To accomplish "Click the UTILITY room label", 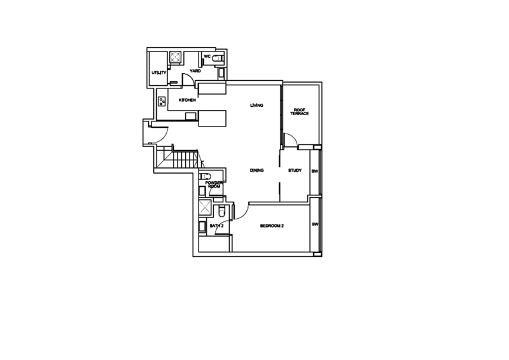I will click(x=158, y=73).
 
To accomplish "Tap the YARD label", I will click(x=195, y=71).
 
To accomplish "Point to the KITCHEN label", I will click(x=187, y=100).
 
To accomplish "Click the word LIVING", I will click(x=256, y=105).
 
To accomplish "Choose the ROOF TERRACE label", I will click(x=300, y=112).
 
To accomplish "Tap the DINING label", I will click(x=257, y=170).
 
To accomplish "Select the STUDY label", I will click(x=295, y=170).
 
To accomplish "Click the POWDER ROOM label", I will click(x=213, y=184).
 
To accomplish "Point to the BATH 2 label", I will click(x=216, y=226).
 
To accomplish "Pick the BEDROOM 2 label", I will click(x=272, y=226).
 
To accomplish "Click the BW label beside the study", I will click(x=314, y=171).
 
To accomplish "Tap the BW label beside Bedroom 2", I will click(x=315, y=225).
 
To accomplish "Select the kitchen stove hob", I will click(x=162, y=100).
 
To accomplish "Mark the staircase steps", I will click(x=183, y=156).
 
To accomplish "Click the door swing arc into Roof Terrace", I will click(x=290, y=139).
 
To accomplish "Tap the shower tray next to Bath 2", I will click(x=204, y=208).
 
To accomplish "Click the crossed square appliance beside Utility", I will click(x=176, y=58).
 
